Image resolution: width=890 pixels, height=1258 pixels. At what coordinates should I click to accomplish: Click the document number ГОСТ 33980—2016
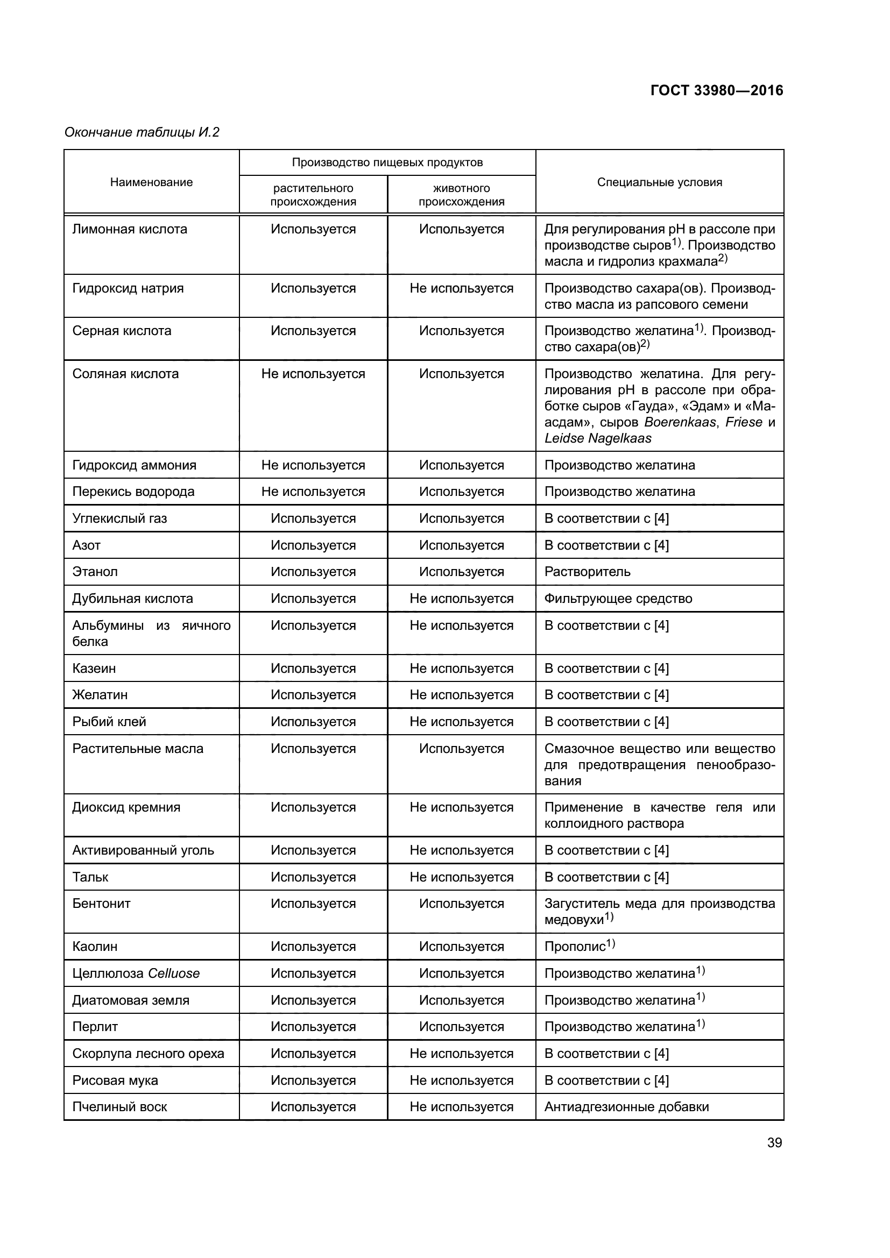point(716,90)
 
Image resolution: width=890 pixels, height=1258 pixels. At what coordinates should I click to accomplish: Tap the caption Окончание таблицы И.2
point(142,132)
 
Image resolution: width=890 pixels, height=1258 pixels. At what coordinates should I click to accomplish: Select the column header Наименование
point(151,182)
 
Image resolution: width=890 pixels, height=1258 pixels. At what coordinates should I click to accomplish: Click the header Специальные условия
point(659,182)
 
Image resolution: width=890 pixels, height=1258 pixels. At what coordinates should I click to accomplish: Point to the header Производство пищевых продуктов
point(387,162)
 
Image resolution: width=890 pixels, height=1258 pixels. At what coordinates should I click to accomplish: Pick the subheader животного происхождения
point(461,195)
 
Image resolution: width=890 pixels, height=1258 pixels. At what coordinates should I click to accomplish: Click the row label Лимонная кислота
point(129,229)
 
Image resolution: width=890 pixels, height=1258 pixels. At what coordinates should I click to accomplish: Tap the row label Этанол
point(95,572)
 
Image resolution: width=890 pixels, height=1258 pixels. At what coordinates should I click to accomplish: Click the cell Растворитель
point(587,572)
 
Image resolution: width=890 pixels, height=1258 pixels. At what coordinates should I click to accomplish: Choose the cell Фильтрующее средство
point(618,598)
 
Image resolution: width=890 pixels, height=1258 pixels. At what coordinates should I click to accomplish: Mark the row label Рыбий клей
point(109,722)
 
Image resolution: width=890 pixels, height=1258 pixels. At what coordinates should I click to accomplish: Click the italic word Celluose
point(174,973)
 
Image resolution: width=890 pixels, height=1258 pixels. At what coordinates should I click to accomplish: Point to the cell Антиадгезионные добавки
point(626,1106)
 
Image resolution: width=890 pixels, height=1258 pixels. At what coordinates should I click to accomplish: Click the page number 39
point(774,1142)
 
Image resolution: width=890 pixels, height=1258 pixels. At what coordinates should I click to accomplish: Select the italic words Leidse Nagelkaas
point(597,438)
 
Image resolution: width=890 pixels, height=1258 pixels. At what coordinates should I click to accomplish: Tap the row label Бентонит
point(101,904)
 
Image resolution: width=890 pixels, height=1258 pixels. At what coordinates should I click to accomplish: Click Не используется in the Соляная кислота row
point(313,374)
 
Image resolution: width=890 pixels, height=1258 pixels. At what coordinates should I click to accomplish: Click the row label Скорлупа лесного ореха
point(148,1053)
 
